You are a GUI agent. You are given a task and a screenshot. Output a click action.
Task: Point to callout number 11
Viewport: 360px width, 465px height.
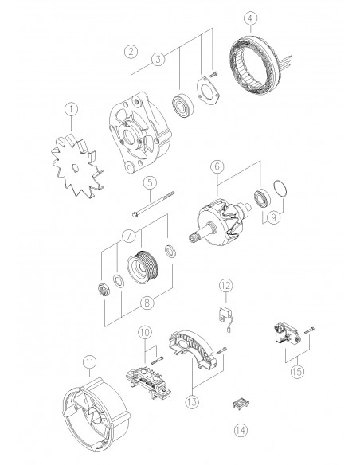pos(89,362)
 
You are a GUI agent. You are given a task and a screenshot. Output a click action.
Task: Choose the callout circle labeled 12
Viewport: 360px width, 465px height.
pos(225,284)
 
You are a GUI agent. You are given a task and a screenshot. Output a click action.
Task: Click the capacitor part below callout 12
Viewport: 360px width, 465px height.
pos(224,314)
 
